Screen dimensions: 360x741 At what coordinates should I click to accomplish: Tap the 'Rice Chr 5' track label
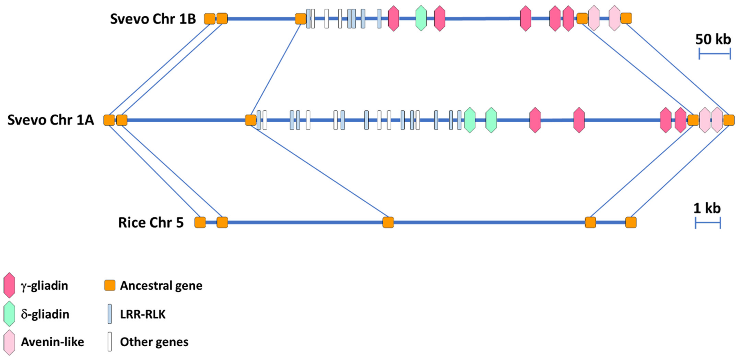pos(151,223)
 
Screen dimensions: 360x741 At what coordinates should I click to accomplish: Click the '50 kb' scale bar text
pos(713,39)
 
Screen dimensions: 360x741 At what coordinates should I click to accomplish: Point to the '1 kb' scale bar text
pos(707,208)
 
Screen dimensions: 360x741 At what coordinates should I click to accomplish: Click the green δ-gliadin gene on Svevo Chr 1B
pos(421,18)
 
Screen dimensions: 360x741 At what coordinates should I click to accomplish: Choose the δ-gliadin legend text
pos(45,314)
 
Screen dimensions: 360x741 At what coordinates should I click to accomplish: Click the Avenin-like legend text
pos(52,342)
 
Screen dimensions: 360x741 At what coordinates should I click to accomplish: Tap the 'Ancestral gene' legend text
pos(161,286)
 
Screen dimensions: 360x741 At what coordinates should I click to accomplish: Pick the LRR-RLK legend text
pos(143,314)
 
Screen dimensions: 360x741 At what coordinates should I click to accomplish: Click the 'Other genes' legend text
pos(154,342)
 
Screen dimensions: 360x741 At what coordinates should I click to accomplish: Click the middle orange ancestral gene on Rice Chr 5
pos(388,223)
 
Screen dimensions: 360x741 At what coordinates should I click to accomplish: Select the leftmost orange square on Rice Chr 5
pos(200,223)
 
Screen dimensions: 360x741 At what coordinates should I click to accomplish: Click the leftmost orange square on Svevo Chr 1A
pos(109,120)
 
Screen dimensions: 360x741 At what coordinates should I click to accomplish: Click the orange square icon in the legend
pos(110,285)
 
